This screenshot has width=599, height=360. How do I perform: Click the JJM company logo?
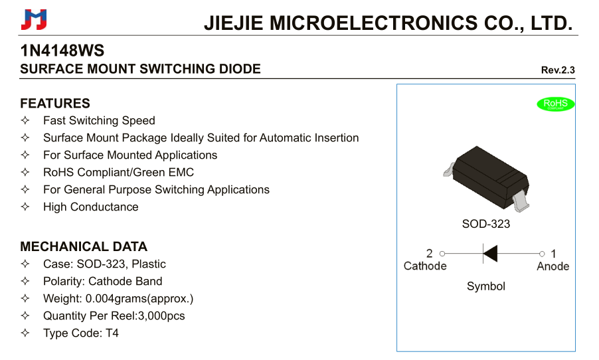34,19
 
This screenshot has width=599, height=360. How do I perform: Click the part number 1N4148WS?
62,50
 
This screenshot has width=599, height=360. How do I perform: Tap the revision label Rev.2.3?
558,70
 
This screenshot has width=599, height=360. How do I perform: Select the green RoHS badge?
555,104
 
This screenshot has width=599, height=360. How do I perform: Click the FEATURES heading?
55,103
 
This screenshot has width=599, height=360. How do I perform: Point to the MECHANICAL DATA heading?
84,246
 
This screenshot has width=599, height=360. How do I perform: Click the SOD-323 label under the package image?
486,224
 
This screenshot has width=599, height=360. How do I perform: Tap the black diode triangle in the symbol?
491,253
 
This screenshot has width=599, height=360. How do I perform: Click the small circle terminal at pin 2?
442,253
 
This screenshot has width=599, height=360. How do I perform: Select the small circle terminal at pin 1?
542,254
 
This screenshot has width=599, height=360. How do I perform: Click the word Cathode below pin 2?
425,266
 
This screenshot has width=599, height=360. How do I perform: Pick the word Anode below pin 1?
553,266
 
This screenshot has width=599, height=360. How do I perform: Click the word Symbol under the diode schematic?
486,286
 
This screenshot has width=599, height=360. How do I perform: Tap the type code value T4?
112,333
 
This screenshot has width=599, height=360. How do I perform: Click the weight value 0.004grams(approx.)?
139,298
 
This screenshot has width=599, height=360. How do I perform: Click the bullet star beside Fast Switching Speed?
25,120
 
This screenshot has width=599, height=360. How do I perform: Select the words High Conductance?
91,207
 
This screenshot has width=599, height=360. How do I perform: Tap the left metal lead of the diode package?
449,170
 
